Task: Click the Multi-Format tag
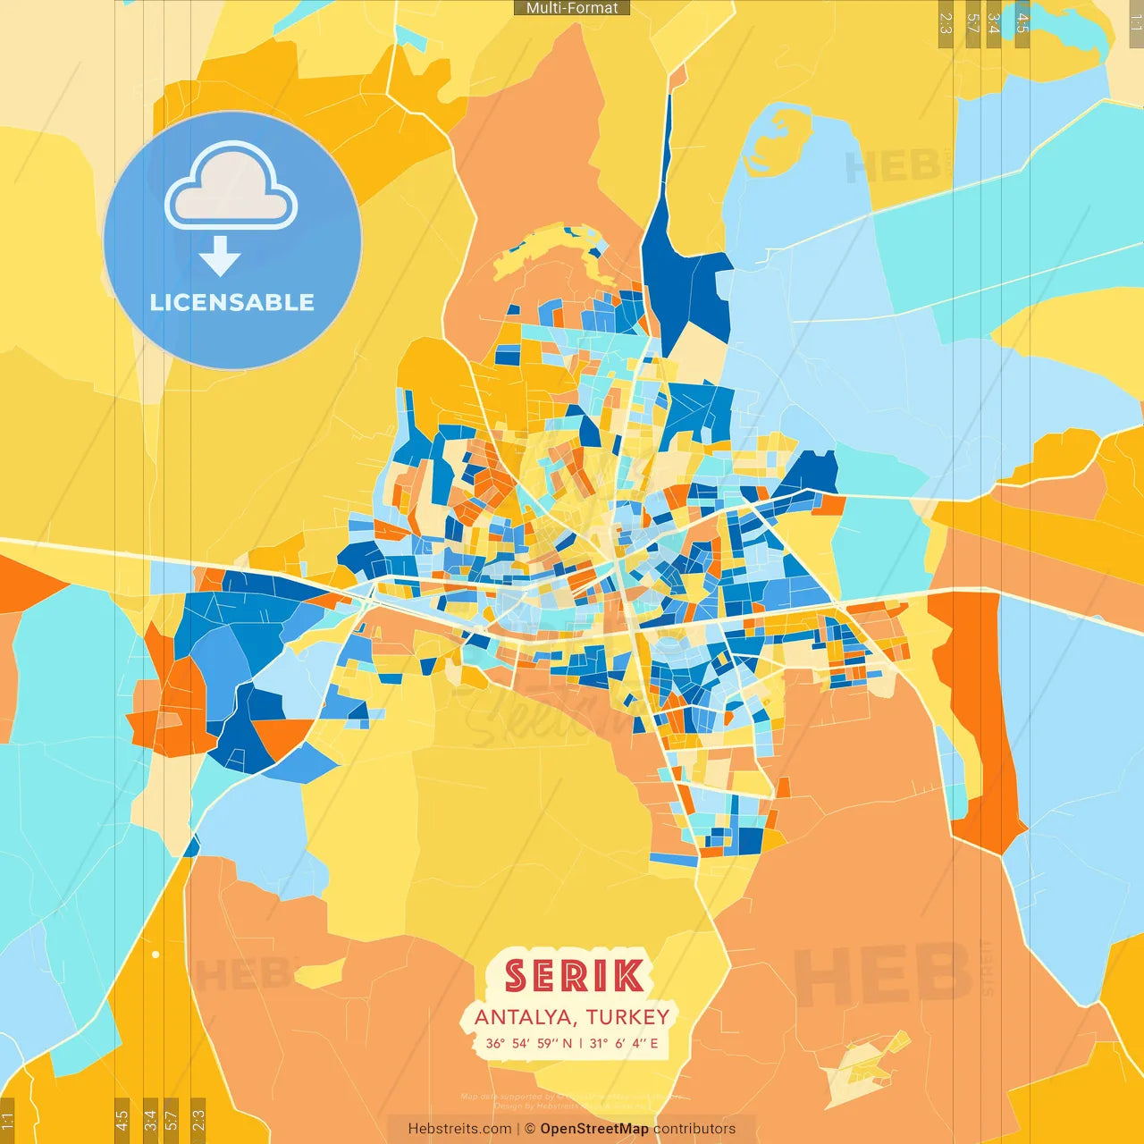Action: click(x=572, y=8)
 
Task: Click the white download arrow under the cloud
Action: click(x=220, y=257)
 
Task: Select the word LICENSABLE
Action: click(x=232, y=303)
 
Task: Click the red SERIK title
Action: click(x=574, y=976)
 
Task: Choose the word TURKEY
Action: click(x=628, y=1017)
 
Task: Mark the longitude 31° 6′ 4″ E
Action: click(x=624, y=1043)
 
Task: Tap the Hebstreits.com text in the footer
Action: click(x=459, y=1129)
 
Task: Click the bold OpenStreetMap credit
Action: click(x=594, y=1129)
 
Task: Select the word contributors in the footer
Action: click(x=694, y=1129)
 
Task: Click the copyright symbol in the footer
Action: click(x=530, y=1129)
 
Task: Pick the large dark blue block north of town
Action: click(x=684, y=286)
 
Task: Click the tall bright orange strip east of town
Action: click(x=979, y=715)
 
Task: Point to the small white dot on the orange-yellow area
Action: click(x=156, y=955)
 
